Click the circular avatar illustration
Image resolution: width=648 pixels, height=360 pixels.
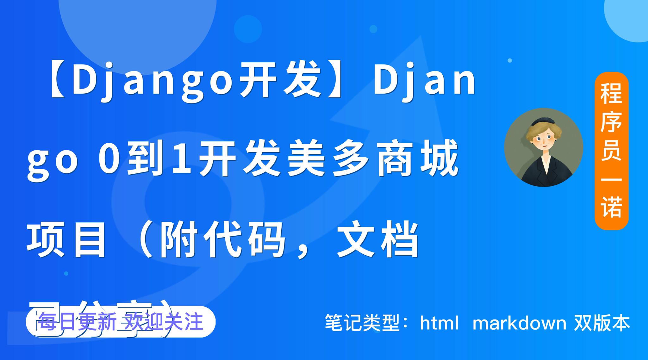coord(544,147)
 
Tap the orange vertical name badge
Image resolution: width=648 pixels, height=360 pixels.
coord(611,151)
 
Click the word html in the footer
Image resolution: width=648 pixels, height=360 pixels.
coord(439,323)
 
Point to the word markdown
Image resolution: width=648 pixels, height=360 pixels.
coord(519,323)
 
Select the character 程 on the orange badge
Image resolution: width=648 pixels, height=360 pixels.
coord(611,94)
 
